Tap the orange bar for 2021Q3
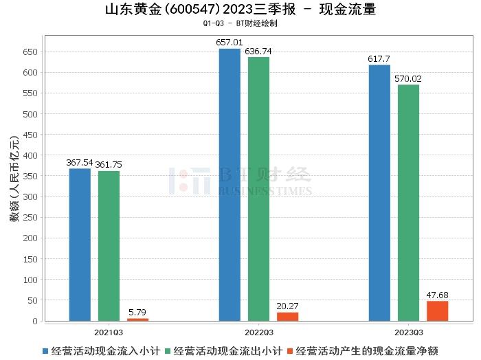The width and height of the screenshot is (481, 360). point(137,319)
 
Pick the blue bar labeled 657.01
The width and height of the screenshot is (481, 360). point(230,185)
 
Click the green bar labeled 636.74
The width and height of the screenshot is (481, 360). point(258,189)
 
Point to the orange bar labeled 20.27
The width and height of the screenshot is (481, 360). point(287,317)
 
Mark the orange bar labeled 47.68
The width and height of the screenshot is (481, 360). point(437,311)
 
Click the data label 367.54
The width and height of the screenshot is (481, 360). point(80,163)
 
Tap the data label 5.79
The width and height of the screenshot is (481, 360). point(137,312)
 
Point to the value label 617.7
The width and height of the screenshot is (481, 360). point(379,59)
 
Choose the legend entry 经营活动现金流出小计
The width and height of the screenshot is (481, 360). point(228,350)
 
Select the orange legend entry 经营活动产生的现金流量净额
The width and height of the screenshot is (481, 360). point(367,350)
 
